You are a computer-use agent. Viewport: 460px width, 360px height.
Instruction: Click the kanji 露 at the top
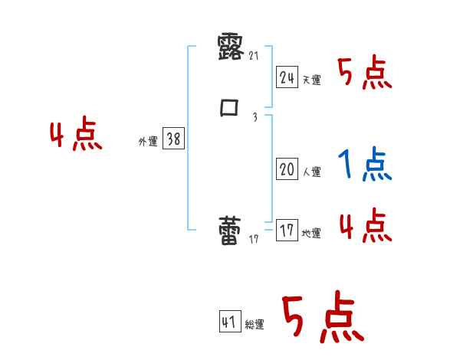[x=231, y=47]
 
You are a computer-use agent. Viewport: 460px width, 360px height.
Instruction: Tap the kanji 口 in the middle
[x=229, y=108]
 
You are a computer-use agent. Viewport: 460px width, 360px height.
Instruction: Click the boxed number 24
[x=287, y=77]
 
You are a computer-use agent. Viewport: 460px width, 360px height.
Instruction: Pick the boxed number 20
[x=287, y=169]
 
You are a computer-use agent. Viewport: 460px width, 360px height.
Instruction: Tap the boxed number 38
[x=172, y=139]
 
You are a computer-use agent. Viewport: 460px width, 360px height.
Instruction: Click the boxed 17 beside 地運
[x=287, y=231]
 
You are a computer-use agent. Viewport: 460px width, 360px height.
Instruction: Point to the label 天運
[x=311, y=80]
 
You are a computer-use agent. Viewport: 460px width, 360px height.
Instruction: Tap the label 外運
[x=148, y=142]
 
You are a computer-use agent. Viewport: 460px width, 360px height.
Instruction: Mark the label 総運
[x=255, y=325]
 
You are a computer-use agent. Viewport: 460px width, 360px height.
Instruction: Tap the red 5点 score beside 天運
[x=365, y=74]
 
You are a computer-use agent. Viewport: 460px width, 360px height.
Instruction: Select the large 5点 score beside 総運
[x=322, y=319]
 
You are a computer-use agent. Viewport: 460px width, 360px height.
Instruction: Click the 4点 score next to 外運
[x=76, y=136]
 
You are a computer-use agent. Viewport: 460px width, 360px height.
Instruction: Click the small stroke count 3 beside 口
[x=255, y=116]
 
